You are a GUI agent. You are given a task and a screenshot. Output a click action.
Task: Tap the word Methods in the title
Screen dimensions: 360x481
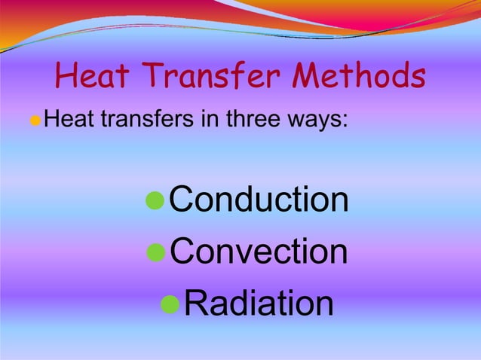(360, 75)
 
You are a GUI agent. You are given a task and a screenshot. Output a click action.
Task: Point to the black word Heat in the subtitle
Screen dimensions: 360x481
(66, 118)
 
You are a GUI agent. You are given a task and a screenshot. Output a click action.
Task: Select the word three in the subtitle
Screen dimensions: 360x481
(245, 118)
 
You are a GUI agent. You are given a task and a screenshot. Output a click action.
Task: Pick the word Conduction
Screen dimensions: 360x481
(259, 200)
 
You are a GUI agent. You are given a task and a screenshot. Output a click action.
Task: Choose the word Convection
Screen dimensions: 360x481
(259, 252)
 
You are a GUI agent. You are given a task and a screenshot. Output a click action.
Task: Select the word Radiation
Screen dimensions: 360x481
(259, 304)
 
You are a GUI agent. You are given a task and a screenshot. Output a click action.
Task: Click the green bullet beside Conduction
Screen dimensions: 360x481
(154, 201)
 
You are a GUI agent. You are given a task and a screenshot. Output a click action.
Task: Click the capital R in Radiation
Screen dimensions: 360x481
(196, 304)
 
